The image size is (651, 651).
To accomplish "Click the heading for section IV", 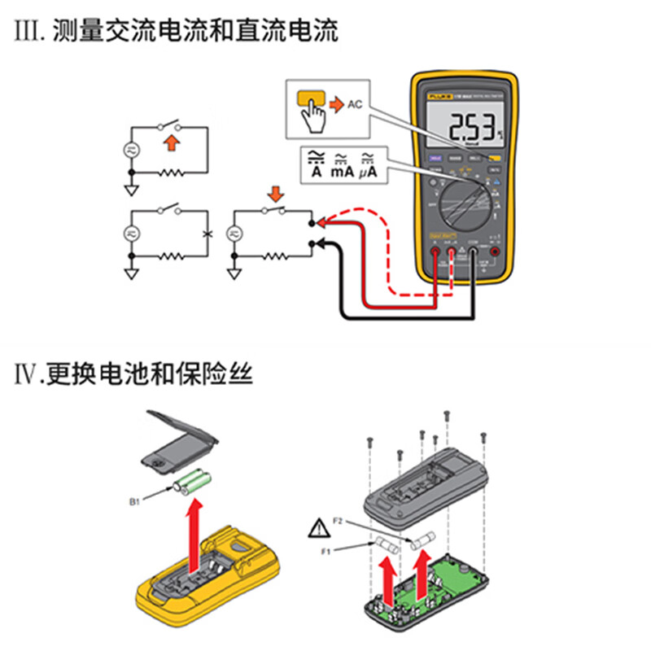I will click(134, 375).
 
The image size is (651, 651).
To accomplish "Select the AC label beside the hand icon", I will click(354, 104).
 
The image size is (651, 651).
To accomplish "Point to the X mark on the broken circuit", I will click(208, 234).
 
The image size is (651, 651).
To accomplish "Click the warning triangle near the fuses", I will click(317, 530).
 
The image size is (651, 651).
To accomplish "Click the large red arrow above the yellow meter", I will click(194, 537).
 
